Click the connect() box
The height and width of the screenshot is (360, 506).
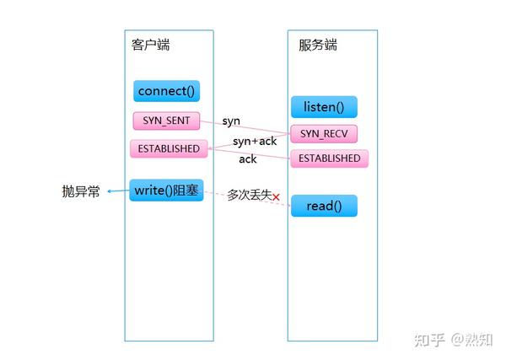(167, 91)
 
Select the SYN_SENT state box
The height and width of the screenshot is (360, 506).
(166, 121)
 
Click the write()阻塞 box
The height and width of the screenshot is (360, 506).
(167, 191)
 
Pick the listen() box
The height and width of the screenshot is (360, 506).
(324, 107)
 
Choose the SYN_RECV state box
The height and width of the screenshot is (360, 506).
(324, 134)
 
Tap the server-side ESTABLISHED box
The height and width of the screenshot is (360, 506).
(330, 159)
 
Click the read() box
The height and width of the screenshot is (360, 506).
(324, 206)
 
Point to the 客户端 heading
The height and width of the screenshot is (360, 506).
(151, 45)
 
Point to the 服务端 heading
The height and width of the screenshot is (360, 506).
(318, 45)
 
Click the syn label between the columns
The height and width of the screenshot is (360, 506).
(231, 121)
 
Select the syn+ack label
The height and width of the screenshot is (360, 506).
(255, 141)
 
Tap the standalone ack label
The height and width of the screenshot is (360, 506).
(248, 159)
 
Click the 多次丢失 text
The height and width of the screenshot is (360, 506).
(248, 195)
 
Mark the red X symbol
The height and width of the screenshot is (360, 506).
(275, 197)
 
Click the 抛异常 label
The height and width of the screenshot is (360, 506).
(81, 191)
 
